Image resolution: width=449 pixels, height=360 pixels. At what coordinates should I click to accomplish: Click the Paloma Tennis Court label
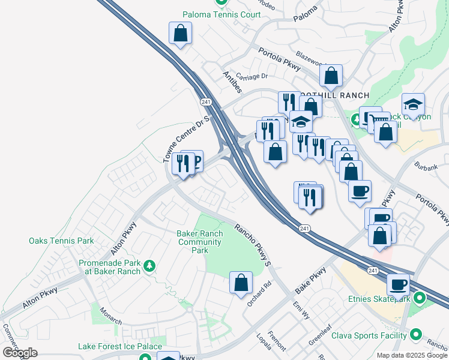pos(222,14)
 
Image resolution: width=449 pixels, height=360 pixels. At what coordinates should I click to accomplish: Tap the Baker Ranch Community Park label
pos(200,242)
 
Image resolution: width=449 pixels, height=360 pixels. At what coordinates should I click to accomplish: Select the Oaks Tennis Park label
pos(61,241)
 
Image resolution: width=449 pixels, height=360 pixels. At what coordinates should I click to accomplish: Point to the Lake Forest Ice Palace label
pos(120,346)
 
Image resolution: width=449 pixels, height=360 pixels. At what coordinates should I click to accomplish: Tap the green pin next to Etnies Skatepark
pos(420,298)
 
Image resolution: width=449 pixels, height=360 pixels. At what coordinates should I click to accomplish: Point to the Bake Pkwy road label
pos(310,280)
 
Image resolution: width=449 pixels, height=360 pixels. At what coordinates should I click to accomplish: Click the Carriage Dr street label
pos(252,76)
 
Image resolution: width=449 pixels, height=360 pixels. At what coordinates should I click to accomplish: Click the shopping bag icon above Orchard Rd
pos(241,283)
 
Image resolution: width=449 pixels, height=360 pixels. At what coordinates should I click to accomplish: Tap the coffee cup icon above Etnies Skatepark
pos(398,284)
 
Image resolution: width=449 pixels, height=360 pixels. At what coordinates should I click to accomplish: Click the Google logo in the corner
pos(20,352)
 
